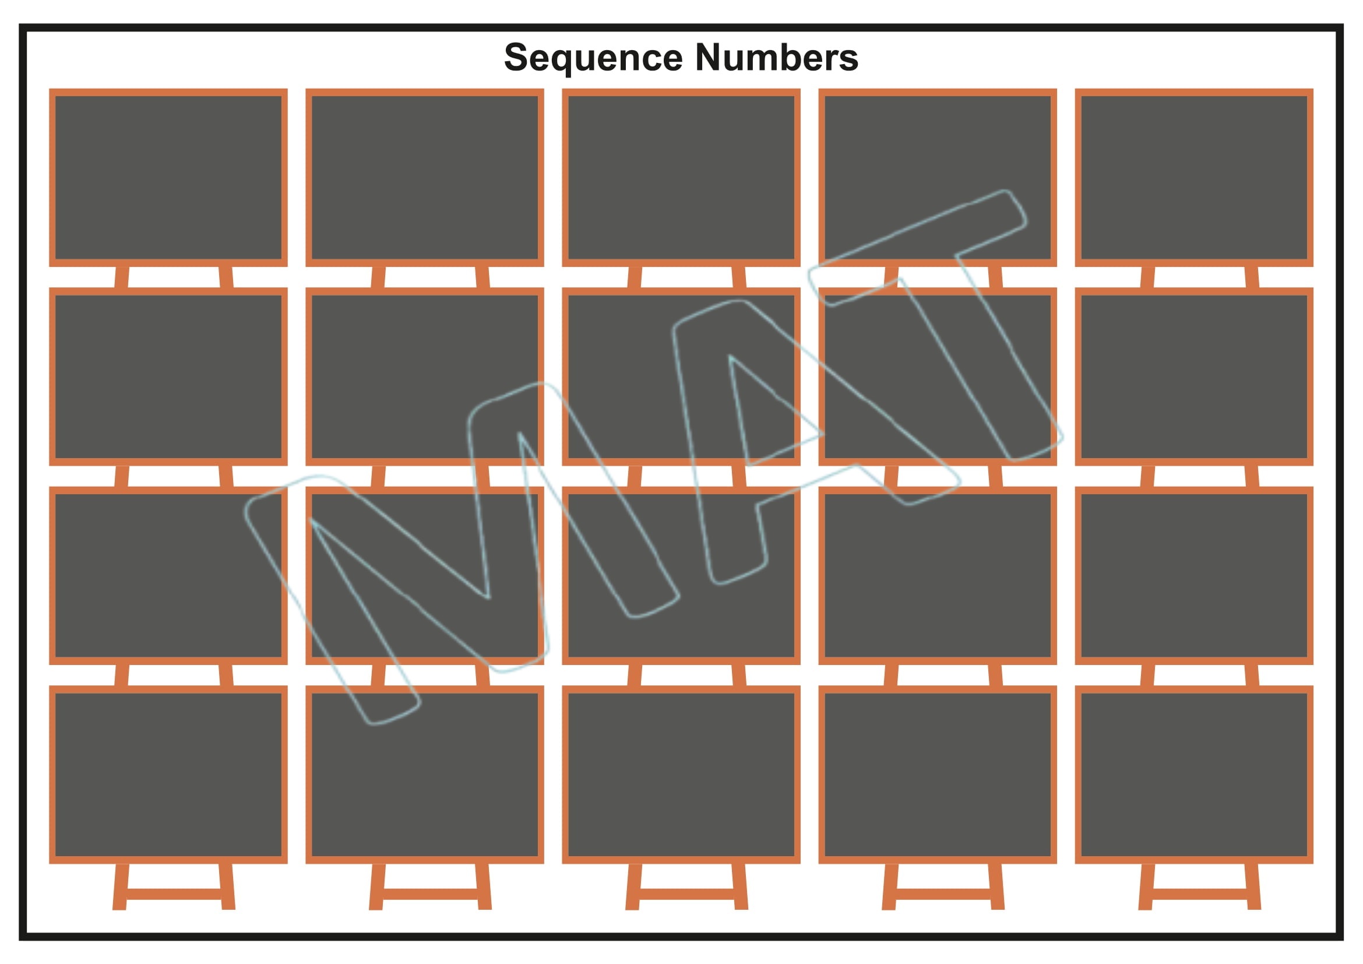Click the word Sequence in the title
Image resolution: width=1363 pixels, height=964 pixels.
593,58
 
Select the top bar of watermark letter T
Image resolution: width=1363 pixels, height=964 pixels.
918,248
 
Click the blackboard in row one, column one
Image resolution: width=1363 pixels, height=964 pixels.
168,178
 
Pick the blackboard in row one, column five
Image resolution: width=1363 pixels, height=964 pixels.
1194,178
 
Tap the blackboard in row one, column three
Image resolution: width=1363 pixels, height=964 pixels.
681,178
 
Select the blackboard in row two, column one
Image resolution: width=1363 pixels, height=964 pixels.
168,377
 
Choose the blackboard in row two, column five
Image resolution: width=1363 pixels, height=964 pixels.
1194,377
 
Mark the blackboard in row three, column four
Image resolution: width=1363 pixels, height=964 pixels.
938,575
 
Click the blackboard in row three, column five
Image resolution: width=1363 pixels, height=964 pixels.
1194,575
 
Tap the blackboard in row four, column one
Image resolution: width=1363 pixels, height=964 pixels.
168,774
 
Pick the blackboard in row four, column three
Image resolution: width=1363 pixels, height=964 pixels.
681,774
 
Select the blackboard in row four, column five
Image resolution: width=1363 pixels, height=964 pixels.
1194,774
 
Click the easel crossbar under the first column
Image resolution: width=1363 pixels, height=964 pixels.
174,894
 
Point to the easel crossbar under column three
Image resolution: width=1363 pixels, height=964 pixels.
687,894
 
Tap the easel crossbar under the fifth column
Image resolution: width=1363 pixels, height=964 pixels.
1200,894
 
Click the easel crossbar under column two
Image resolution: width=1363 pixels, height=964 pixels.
431,894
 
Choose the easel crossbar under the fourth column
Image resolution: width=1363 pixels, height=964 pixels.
943,894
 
